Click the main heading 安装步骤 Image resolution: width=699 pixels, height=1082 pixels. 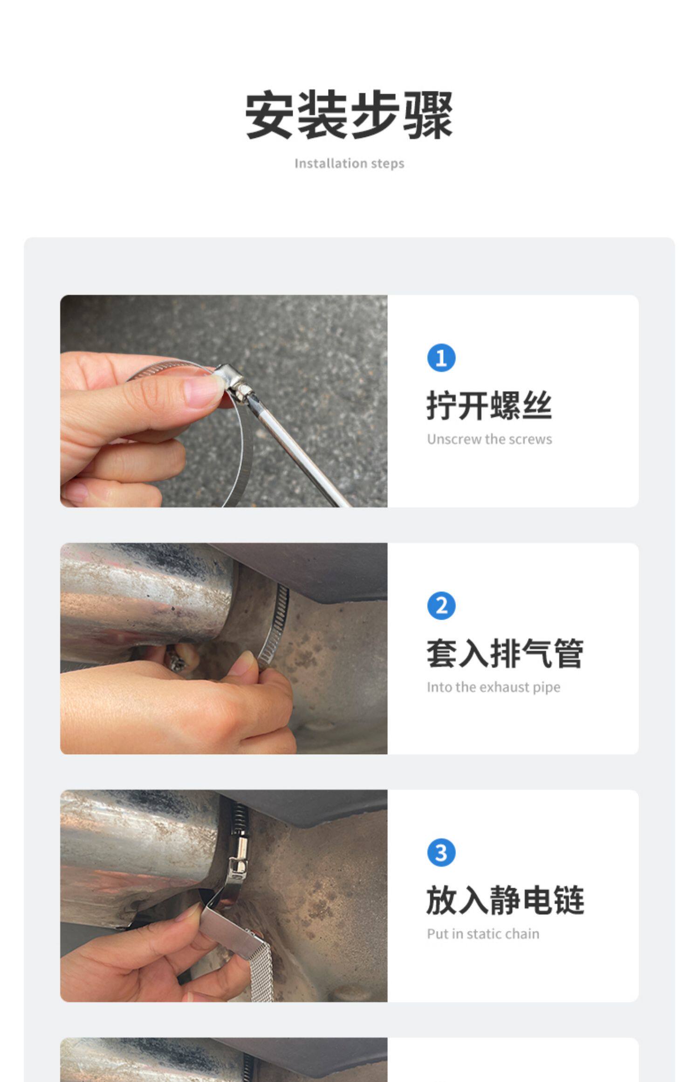pyautogui.click(x=349, y=115)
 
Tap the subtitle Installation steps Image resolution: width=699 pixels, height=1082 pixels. pyautogui.click(x=349, y=164)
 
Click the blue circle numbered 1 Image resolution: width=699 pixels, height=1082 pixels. pyautogui.click(x=441, y=358)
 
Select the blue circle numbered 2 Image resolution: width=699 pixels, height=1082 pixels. pyautogui.click(x=441, y=606)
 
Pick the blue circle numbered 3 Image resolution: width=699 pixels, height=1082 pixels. pyautogui.click(x=441, y=853)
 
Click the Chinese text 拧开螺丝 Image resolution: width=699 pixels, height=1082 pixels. pyautogui.click(x=489, y=406)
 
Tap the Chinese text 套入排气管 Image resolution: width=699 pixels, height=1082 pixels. pyautogui.click(x=505, y=653)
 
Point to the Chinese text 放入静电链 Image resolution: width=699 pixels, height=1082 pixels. pyautogui.click(x=505, y=900)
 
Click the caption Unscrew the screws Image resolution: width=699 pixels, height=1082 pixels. pyautogui.click(x=489, y=439)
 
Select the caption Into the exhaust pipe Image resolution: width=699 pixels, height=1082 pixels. pyautogui.click(x=493, y=687)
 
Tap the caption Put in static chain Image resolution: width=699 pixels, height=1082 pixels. pyautogui.click(x=483, y=934)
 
